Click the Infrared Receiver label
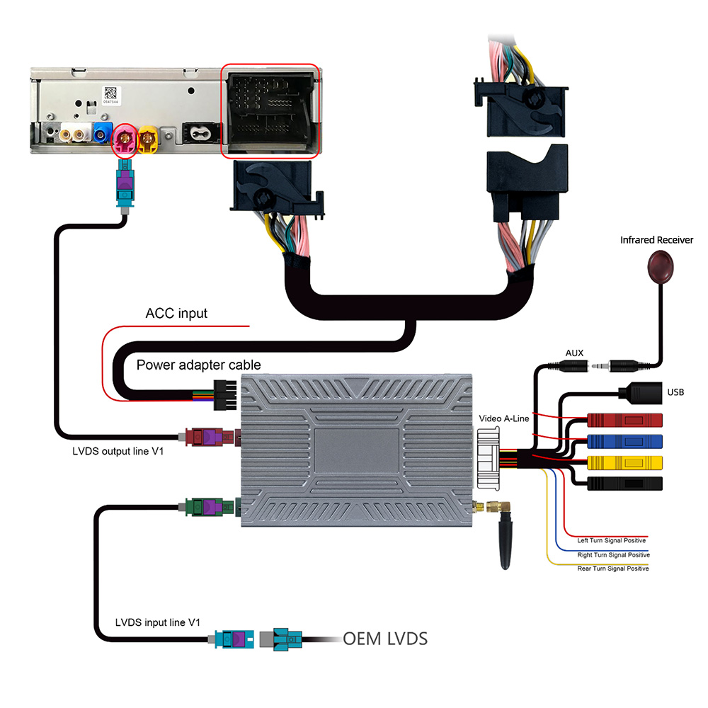tap(656, 240)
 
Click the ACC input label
tap(176, 313)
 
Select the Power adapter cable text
tap(198, 365)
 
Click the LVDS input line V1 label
tap(158, 622)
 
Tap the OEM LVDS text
tap(385, 639)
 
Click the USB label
tap(676, 391)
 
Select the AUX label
tap(574, 353)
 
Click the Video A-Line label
tap(504, 418)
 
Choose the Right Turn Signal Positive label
tap(612, 555)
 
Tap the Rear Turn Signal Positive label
tap(612, 569)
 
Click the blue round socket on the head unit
tap(103, 132)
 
